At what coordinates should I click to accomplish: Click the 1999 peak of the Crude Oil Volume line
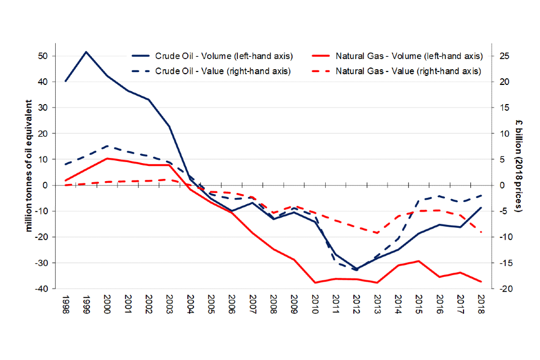(x=86, y=52)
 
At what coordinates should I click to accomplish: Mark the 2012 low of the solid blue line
(x=356, y=269)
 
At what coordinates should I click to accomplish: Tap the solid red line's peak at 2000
(x=107, y=159)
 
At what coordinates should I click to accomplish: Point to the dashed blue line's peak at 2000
(x=107, y=146)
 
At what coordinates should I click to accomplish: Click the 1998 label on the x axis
(x=65, y=304)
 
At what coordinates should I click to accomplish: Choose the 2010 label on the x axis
(x=314, y=304)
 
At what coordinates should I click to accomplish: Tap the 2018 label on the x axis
(x=481, y=304)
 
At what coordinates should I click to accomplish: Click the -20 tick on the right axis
(x=503, y=289)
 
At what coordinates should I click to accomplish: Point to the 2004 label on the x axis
(x=190, y=304)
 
